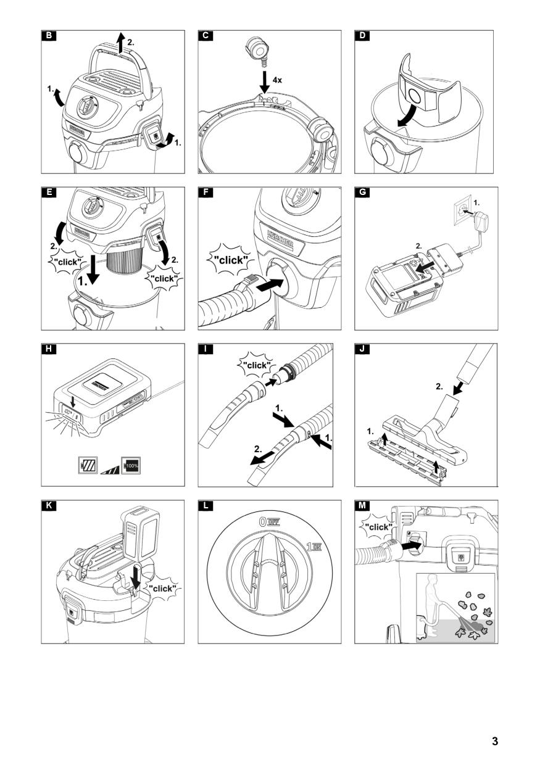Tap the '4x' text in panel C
click(x=277, y=80)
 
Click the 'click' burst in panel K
click(x=163, y=589)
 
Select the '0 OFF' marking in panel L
click(x=270, y=521)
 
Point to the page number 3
click(x=494, y=742)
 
